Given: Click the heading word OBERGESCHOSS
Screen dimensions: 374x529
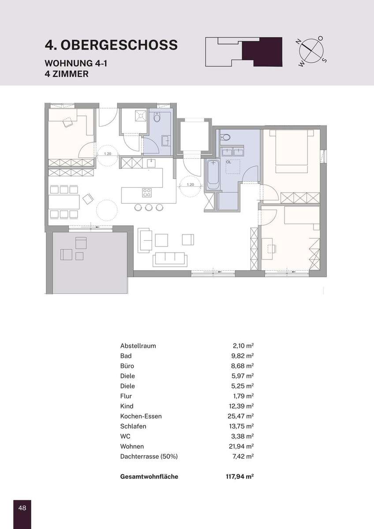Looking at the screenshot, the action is (x=119, y=45).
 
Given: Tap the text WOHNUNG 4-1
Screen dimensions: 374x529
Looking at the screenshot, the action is (x=76, y=63).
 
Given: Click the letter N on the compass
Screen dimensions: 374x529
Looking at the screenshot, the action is (x=299, y=42).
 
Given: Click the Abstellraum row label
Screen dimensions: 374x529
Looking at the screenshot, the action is (x=138, y=346).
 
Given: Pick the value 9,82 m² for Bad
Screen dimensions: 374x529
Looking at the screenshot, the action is (x=242, y=356).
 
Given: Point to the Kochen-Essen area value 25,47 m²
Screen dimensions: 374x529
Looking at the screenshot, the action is (x=240, y=416).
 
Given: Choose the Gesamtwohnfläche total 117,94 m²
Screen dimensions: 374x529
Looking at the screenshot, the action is (x=240, y=477).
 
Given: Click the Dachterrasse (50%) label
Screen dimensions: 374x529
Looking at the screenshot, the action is (x=149, y=456).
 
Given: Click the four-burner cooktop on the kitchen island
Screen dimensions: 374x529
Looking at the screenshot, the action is (x=147, y=193).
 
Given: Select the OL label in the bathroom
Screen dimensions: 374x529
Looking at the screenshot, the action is (x=228, y=162).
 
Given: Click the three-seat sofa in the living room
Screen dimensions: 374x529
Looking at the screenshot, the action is (x=170, y=259).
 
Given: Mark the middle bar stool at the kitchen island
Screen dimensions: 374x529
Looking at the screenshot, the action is (x=149, y=207).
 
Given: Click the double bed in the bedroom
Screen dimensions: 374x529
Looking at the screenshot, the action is (x=292, y=152).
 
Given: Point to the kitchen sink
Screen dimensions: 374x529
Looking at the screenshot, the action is (x=151, y=164).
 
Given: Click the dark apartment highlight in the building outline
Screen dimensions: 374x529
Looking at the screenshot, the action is (x=262, y=52).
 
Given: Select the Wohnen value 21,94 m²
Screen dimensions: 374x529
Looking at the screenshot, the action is (x=241, y=446).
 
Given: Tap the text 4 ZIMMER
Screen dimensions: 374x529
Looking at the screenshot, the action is (x=67, y=74).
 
